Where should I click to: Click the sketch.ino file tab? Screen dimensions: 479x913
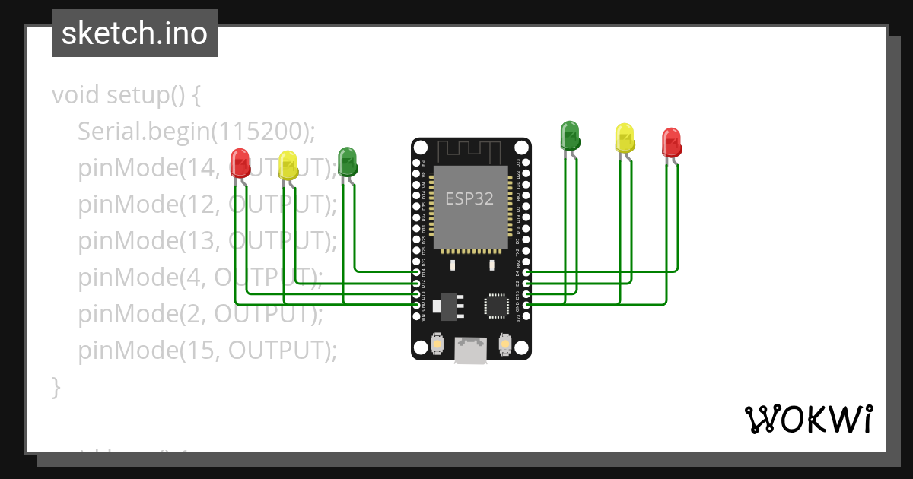(x=135, y=33)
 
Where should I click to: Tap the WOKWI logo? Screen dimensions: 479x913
(x=807, y=419)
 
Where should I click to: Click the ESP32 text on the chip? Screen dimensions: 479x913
(x=469, y=199)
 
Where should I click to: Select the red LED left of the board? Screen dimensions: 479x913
(x=240, y=162)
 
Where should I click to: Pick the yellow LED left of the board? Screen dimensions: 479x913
(x=288, y=165)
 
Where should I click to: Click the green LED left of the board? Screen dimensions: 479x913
(x=347, y=161)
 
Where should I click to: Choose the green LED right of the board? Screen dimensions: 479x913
(x=570, y=135)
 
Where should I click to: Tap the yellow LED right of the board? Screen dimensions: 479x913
(x=624, y=138)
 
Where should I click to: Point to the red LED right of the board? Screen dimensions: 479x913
(x=671, y=142)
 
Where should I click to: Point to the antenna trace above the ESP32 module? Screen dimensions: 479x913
(x=470, y=153)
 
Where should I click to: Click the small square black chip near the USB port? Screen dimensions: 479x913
(x=496, y=305)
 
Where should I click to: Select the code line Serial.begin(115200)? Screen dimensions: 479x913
(x=196, y=132)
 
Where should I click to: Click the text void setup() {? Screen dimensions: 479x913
(x=126, y=96)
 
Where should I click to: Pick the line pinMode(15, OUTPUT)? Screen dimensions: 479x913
(x=206, y=350)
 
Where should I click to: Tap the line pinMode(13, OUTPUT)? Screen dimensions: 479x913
(x=206, y=240)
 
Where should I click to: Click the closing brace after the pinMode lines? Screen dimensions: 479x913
(x=56, y=386)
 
